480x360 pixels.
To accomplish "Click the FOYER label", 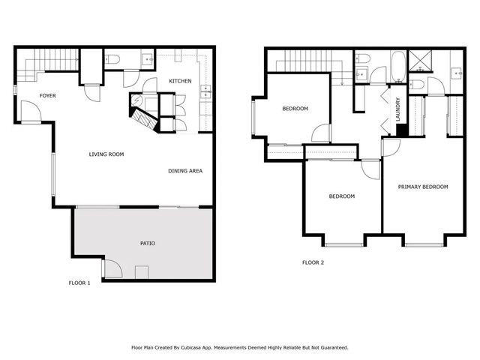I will [x=48, y=96].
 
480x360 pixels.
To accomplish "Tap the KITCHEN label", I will [x=180, y=81].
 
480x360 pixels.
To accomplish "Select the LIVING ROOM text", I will [x=106, y=154].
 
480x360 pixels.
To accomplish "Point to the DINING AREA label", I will [x=185, y=171].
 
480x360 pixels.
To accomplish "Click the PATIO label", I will [x=148, y=244].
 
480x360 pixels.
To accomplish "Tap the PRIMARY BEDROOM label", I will [x=423, y=187].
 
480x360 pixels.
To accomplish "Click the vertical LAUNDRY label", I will [x=398, y=109].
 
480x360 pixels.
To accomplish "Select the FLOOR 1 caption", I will [x=79, y=283].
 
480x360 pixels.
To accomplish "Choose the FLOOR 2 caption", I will [x=313, y=262].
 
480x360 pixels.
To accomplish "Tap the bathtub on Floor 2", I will [x=397, y=67].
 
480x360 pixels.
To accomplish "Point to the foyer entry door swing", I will [x=31, y=112].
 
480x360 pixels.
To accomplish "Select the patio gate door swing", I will [x=111, y=267].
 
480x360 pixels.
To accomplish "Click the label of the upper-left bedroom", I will [x=295, y=109].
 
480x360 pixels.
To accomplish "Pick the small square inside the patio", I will [x=141, y=271].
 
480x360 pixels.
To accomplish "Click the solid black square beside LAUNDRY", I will [x=401, y=130].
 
